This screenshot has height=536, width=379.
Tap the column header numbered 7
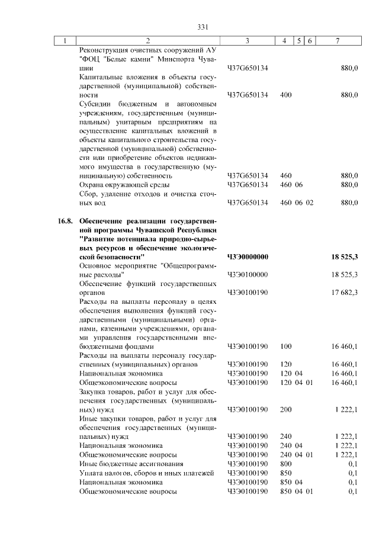[x=337, y=41]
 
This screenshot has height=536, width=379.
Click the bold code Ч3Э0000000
[x=248, y=257]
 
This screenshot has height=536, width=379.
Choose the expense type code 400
[x=285, y=95]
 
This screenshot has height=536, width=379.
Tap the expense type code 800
[x=285, y=463]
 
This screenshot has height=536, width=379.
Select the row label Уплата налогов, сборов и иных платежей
[x=146, y=473]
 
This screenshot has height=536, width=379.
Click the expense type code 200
[x=285, y=409]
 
